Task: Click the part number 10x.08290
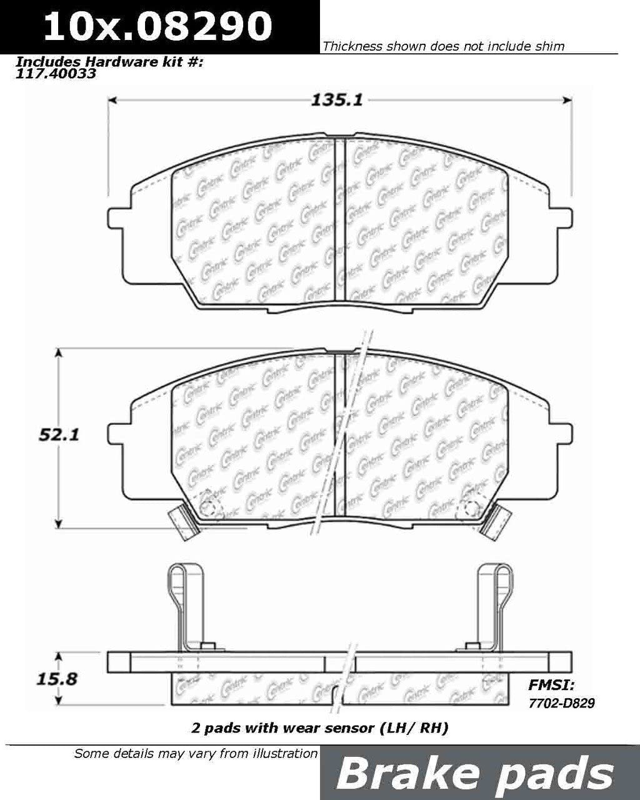click(157, 26)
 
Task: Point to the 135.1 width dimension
click(336, 101)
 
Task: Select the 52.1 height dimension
click(59, 435)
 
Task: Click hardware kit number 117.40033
click(56, 74)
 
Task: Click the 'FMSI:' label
click(552, 684)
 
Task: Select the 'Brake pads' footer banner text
click(475, 774)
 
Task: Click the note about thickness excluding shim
click(443, 46)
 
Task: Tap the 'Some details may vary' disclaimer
click(196, 753)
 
